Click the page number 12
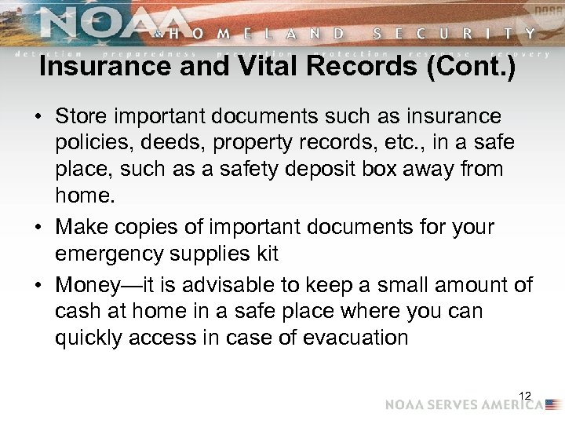click(x=525, y=395)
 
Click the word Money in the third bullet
click(x=82, y=283)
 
